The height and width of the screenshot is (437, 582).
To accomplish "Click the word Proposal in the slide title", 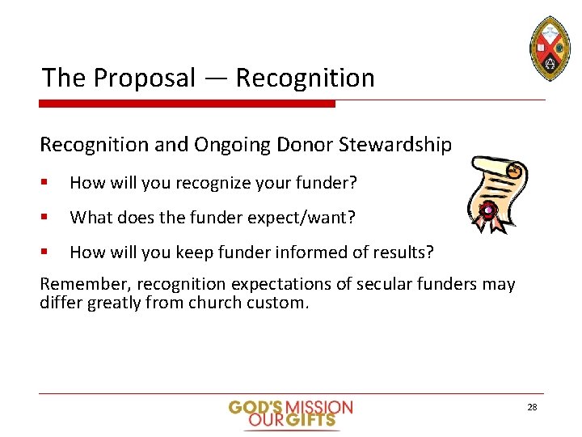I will tap(145, 78).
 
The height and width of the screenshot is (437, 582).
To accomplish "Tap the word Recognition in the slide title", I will tap(306, 78).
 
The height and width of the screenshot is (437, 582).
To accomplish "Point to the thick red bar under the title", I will tap(188, 104).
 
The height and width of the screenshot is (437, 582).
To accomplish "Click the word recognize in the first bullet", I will tap(195, 184).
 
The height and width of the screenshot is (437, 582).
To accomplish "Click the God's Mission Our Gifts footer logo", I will tap(290, 413).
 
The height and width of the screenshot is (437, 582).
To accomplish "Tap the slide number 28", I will tap(532, 407).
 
